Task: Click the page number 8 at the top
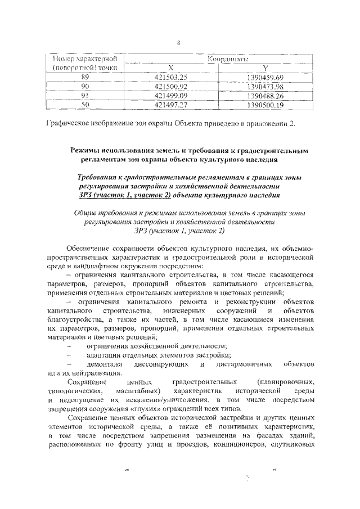pyautogui.click(x=179, y=43)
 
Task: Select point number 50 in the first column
pyautogui.click(x=85, y=104)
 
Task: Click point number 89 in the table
pyautogui.click(x=85, y=76)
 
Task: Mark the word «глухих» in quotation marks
pyautogui.click(x=159, y=409)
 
